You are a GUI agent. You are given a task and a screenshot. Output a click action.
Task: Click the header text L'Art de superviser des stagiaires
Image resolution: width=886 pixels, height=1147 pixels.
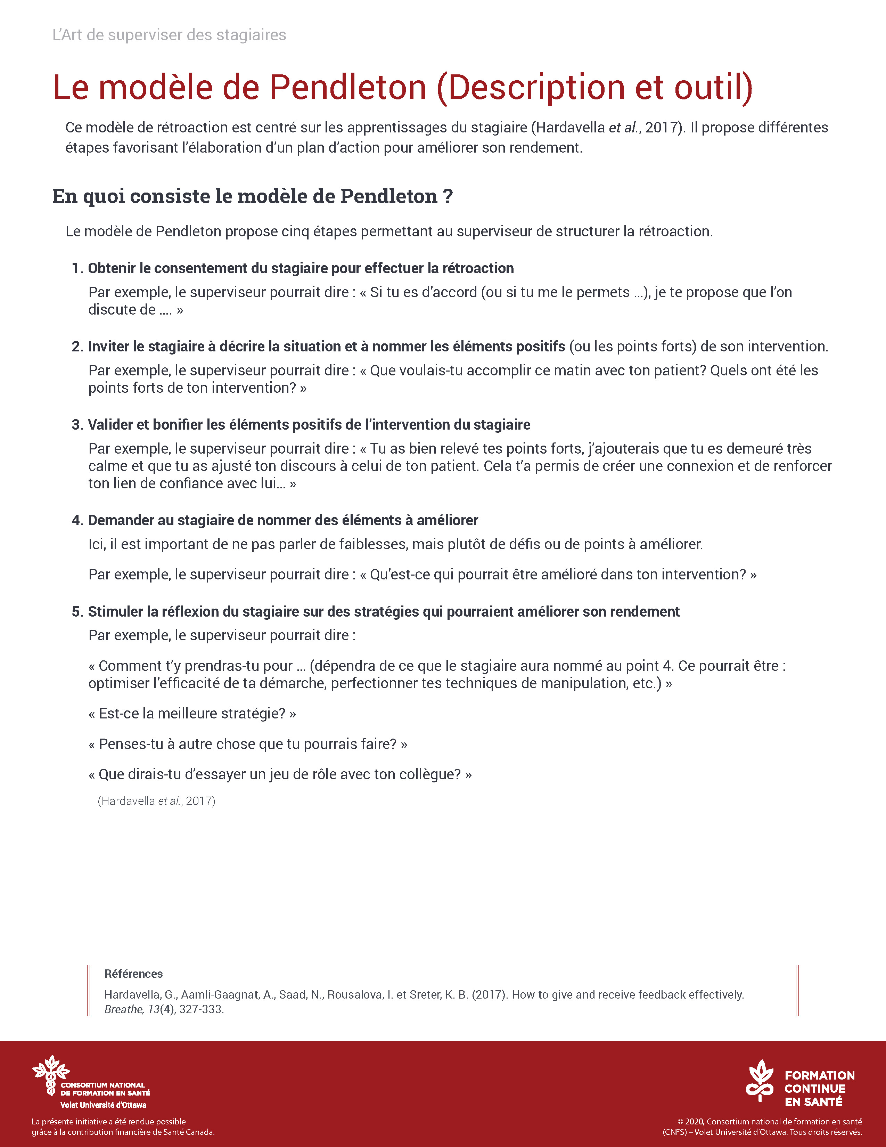tap(169, 35)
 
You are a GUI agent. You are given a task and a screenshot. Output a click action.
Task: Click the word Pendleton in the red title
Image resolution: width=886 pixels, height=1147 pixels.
tap(347, 87)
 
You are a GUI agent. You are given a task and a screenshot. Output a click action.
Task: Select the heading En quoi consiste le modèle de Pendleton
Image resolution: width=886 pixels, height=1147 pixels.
tap(252, 196)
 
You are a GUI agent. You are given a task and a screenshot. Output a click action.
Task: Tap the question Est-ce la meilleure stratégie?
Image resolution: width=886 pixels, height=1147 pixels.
tap(192, 714)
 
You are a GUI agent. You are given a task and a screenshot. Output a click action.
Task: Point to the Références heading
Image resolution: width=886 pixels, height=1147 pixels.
tap(133, 974)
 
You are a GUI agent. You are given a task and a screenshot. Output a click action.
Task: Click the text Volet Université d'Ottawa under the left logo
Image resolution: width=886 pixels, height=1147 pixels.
tap(104, 1105)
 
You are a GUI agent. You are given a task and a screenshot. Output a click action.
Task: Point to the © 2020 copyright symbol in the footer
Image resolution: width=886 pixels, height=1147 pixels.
tap(680, 1122)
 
